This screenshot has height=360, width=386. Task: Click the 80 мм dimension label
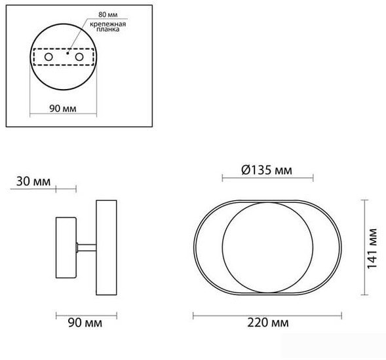(90, 14)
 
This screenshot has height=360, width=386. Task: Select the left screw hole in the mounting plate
(48, 58)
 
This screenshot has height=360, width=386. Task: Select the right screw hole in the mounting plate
(80, 58)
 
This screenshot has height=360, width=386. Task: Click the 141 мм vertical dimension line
(364, 249)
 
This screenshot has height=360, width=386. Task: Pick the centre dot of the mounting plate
(64, 55)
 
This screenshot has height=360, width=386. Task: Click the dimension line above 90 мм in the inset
(64, 115)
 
